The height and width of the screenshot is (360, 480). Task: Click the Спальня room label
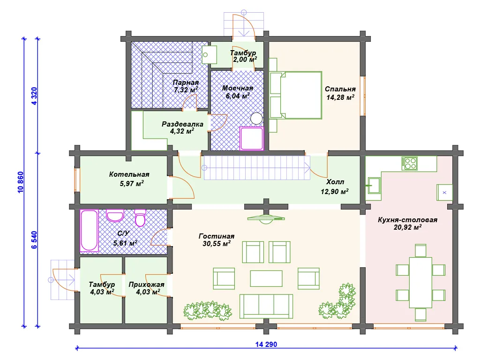click(x=340, y=89)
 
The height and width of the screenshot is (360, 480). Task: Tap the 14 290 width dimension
click(x=266, y=345)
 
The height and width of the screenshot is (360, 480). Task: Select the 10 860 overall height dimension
click(x=21, y=182)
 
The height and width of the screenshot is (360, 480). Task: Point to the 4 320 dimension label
click(x=34, y=96)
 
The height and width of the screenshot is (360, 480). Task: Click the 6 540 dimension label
click(x=34, y=240)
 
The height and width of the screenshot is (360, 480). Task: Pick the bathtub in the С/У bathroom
click(x=90, y=231)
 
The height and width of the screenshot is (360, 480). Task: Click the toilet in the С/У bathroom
click(x=140, y=217)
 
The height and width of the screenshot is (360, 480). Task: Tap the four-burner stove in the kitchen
click(x=410, y=164)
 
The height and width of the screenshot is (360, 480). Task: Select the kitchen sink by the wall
click(x=374, y=186)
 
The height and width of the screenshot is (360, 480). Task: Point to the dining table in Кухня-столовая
click(x=420, y=283)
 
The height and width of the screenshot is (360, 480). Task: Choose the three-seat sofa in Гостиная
click(x=266, y=307)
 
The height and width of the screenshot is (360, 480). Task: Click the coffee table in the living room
click(x=266, y=278)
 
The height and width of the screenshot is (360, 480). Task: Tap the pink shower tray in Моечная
click(x=251, y=138)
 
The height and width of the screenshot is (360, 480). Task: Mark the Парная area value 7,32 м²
click(x=186, y=90)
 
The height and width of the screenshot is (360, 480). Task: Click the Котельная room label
click(x=129, y=174)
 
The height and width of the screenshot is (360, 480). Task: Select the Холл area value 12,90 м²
click(x=335, y=192)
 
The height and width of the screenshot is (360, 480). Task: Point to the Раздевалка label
click(x=182, y=124)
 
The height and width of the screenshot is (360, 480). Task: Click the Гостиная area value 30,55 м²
click(x=217, y=244)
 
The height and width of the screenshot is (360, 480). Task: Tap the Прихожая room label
click(x=146, y=285)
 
